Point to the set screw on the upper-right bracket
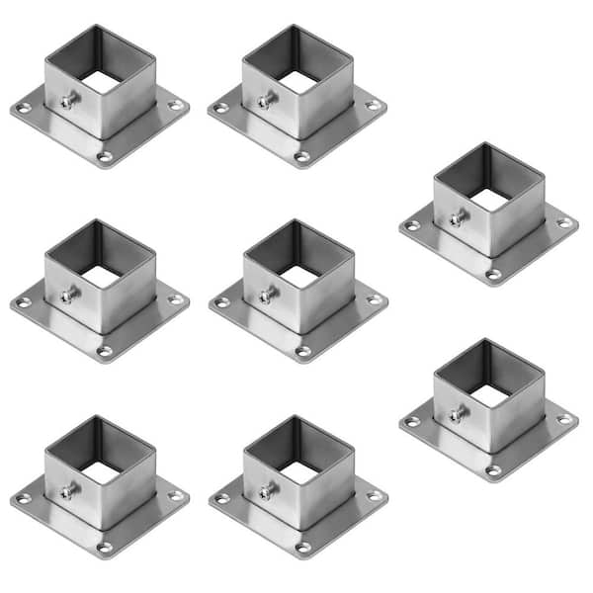point(457,218)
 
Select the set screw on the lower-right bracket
point(457,415)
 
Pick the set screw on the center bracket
point(265,294)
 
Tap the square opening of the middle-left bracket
point(101,278)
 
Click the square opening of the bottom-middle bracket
point(298,473)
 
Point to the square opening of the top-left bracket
point(101,82)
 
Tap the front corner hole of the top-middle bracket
point(302,156)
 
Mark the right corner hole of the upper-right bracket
point(564,223)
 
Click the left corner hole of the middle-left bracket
point(23,301)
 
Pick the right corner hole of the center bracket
point(374,298)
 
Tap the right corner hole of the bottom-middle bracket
point(374,494)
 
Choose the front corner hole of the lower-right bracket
point(493,470)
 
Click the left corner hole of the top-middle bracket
point(220,107)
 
